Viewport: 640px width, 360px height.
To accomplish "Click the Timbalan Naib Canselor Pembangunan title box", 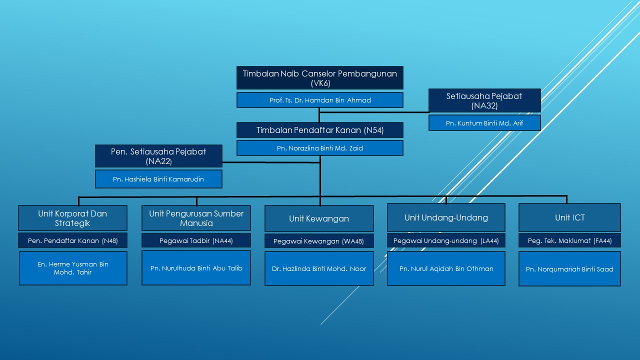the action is [320, 77].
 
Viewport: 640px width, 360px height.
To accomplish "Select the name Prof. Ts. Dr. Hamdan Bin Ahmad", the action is [320, 100].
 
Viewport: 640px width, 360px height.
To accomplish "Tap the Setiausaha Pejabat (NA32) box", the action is [484, 100].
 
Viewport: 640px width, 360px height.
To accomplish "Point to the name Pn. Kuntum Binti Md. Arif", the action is [484, 123].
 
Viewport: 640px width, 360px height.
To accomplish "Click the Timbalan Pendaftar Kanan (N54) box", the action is [320, 130].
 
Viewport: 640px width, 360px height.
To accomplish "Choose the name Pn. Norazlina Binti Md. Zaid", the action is [320, 148].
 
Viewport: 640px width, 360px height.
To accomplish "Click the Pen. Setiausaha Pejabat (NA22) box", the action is [158, 156].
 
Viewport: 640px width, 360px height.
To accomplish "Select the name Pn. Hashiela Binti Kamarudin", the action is [158, 179].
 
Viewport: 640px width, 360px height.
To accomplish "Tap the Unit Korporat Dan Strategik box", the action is [72, 218].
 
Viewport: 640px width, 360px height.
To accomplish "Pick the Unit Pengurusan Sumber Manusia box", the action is [196, 218].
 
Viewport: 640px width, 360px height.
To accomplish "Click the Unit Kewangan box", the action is [319, 218].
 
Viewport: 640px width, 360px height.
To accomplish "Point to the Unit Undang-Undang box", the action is [446, 217].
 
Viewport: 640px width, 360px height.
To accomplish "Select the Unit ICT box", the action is [569, 217].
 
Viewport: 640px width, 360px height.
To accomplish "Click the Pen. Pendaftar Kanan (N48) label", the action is [72, 240].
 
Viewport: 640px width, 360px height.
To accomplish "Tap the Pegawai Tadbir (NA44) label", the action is [196, 240].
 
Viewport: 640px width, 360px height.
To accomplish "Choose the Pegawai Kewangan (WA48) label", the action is [319, 241].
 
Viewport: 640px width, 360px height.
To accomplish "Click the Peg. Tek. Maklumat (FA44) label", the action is [569, 240].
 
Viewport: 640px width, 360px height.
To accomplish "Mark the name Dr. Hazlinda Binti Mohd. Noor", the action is [319, 269].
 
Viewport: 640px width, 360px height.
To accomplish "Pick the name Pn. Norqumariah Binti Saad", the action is [569, 269].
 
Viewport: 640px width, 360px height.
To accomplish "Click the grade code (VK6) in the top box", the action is [320, 83].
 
